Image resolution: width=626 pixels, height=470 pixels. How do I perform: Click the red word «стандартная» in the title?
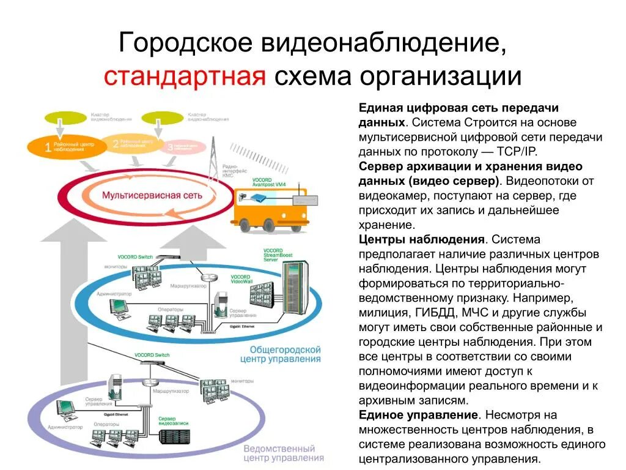point(185,76)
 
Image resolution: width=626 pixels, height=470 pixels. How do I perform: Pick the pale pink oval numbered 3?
point(184,146)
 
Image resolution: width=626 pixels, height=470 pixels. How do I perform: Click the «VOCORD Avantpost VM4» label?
point(269,183)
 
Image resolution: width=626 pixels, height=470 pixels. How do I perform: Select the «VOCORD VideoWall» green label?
point(241,280)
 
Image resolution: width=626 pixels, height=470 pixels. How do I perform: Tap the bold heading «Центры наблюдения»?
point(422,239)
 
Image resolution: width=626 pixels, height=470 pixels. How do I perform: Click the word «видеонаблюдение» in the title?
point(385,43)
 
